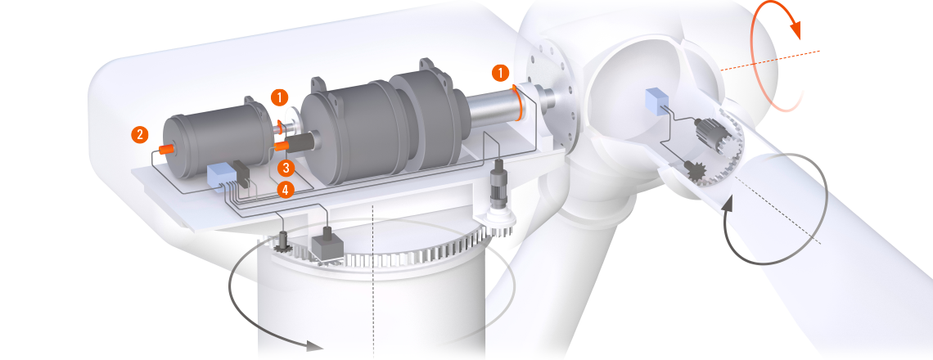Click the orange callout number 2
[x=140, y=134]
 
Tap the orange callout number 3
[x=286, y=168]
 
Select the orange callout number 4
[x=286, y=191]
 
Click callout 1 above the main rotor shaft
[x=500, y=73]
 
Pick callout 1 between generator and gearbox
[x=279, y=97]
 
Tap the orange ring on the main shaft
[x=519, y=102]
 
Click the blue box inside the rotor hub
[x=657, y=101]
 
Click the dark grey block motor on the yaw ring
[x=326, y=245]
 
